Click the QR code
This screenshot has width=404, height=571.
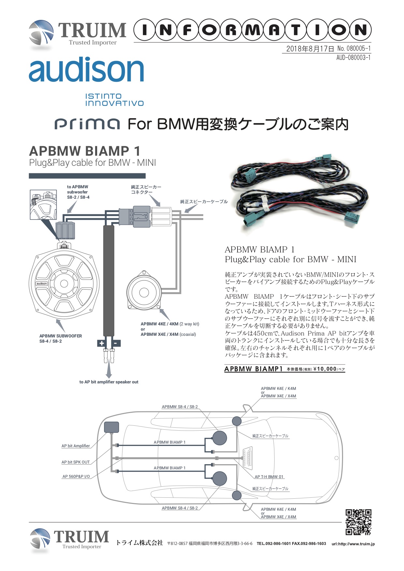[358, 522]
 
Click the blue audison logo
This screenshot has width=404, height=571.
[86, 69]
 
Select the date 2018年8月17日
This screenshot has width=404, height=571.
[310, 49]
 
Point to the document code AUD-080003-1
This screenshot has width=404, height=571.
[353, 58]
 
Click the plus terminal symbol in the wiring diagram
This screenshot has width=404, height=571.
[101, 343]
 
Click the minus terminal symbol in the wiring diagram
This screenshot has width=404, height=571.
[116, 343]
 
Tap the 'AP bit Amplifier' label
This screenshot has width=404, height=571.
[76, 446]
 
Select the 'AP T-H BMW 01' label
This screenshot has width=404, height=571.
[269, 477]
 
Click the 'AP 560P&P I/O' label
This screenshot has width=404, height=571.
[76, 476]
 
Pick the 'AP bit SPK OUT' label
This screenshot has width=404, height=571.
[76, 462]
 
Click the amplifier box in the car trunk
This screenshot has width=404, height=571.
[111, 427]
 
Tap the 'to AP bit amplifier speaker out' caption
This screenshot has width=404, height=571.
[109, 382]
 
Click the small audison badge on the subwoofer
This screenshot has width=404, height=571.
[42, 283]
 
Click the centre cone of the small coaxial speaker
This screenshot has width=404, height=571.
[144, 293]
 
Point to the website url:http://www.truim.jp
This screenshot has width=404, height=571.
[353, 544]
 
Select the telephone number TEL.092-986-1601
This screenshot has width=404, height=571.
[274, 543]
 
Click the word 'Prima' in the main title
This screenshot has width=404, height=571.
[87, 124]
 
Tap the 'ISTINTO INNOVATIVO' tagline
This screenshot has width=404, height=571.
[114, 100]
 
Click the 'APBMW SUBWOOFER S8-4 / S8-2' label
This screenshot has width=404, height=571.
[61, 338]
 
